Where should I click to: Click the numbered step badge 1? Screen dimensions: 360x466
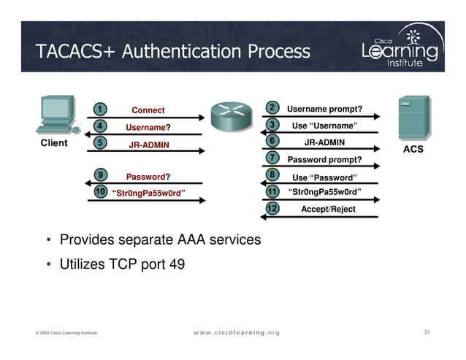[97, 110]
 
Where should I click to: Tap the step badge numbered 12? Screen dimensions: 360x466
[272, 209]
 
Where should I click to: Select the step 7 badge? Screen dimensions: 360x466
[272, 158]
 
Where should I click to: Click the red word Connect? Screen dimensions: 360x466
[148, 110]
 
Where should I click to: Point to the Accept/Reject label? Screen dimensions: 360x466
[328, 210]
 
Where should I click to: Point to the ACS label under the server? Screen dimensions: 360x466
[413, 149]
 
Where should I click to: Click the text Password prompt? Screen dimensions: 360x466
[324, 160]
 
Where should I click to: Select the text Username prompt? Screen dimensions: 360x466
[324, 109]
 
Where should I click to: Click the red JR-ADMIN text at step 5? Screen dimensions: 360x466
[148, 145]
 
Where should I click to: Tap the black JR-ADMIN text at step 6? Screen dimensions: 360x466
[324, 142]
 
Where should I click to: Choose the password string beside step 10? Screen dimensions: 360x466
[148, 194]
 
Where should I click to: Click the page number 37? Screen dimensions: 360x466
[427, 333]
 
